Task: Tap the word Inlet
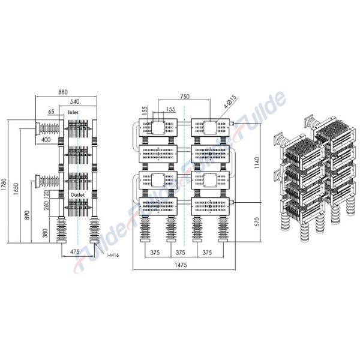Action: [73, 112]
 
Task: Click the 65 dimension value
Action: [51, 112]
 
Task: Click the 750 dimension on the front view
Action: [185, 97]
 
